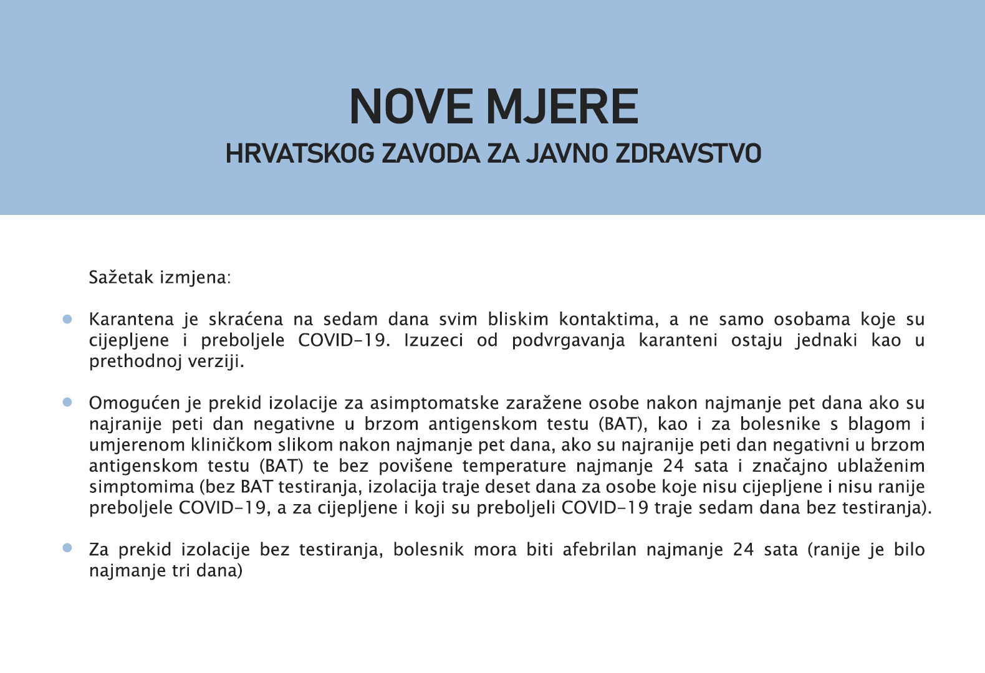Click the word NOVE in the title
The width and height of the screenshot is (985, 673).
coord(411,107)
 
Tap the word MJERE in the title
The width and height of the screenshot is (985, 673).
coord(562,107)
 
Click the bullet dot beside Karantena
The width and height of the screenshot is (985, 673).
coord(67,319)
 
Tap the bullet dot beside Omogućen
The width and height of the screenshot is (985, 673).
coord(67,403)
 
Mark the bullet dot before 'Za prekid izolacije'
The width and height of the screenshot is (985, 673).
coord(67,548)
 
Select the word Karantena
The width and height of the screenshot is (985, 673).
coord(131,320)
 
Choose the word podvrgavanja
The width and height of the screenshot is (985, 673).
coord(568,341)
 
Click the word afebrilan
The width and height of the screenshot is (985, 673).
coord(599,550)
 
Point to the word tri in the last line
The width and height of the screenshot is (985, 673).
coord(181,571)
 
